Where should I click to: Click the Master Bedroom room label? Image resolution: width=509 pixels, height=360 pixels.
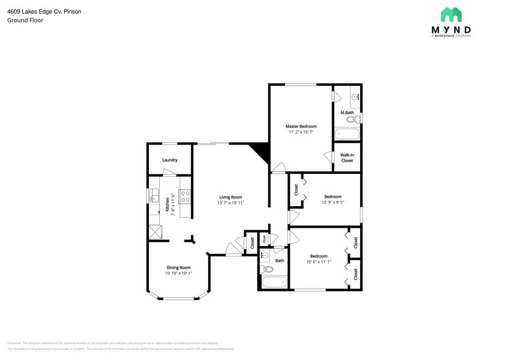tap(301, 126)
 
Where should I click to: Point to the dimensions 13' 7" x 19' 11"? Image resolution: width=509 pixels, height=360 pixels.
tap(231, 203)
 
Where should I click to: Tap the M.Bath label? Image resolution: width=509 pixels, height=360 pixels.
tap(347, 113)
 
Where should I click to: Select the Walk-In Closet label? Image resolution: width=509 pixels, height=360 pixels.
tap(347, 157)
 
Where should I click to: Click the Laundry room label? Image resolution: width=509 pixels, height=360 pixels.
tap(170, 160)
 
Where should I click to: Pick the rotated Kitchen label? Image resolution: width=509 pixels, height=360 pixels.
tap(167, 204)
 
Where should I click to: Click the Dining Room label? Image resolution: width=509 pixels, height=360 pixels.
tap(178, 268)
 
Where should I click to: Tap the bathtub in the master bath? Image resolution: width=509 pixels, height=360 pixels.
tap(347, 133)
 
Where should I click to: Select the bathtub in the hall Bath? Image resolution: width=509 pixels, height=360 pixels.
tap(274, 282)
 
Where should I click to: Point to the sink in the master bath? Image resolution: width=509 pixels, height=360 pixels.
tap(355, 96)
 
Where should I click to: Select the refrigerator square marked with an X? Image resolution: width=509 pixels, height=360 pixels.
tap(154, 233)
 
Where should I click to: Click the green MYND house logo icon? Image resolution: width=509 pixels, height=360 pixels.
tap(451, 15)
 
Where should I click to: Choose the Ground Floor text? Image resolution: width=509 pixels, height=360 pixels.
tap(25, 20)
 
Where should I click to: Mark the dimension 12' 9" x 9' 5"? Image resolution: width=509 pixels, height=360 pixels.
tap(333, 203)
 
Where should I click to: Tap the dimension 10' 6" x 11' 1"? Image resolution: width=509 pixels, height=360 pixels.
tap(319, 262)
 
